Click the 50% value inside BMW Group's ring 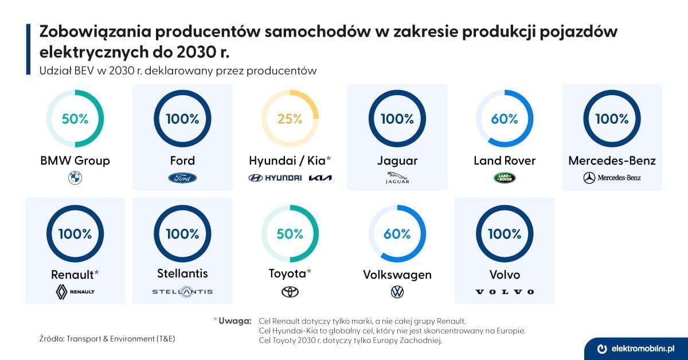click(75, 119)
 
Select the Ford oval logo click(182, 178)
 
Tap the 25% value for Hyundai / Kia click(290, 119)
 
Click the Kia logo click(320, 178)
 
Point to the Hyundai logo click(275, 178)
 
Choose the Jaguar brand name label click(397, 161)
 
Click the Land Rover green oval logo click(505, 178)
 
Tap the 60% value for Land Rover click(505, 119)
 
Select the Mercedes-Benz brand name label click(612, 161)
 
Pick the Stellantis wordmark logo click(182, 292)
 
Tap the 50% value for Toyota click(290, 233)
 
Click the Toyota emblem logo click(290, 292)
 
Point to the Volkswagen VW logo click(397, 292)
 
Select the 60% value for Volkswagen click(397, 233)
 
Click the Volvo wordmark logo click(505, 292)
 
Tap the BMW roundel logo click(75, 178)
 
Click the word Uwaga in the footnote click(234, 320)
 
